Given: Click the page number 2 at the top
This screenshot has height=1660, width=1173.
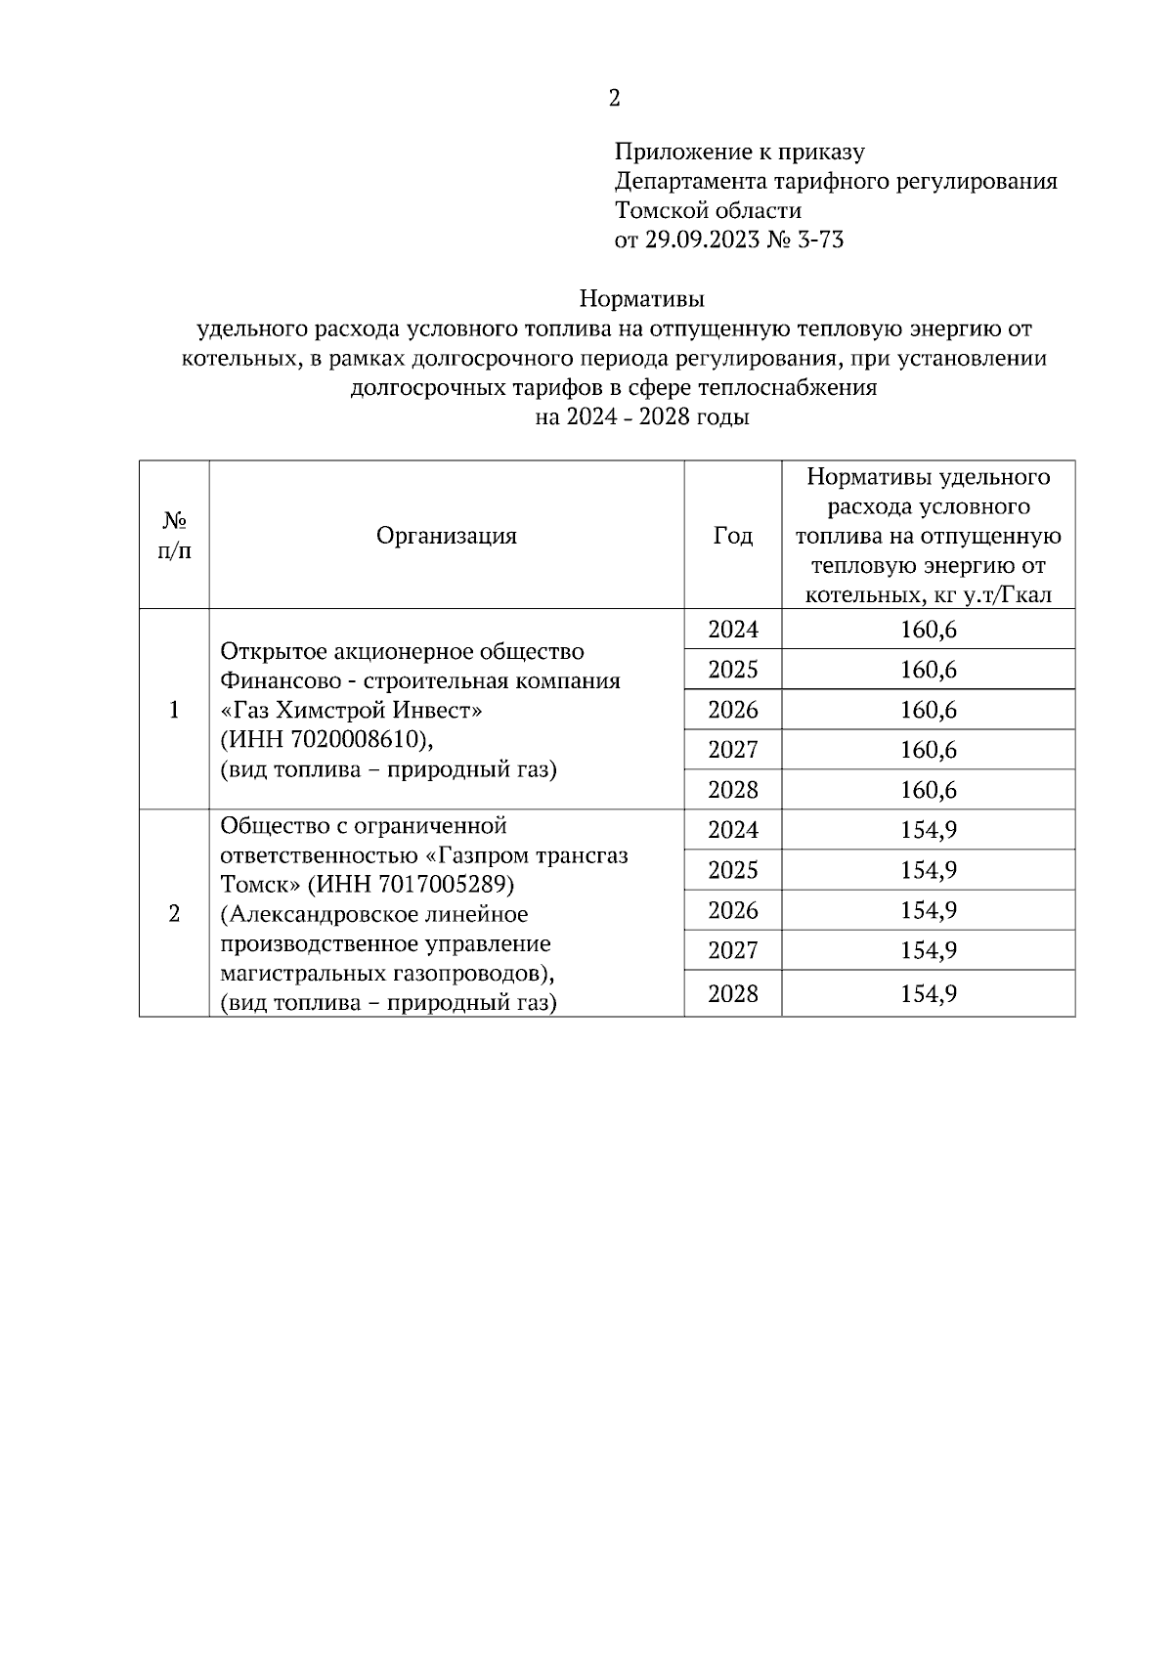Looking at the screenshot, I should tap(614, 99).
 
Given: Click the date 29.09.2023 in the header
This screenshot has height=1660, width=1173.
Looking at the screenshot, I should tap(701, 240).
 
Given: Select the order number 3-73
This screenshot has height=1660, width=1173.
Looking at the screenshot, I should tap(821, 240).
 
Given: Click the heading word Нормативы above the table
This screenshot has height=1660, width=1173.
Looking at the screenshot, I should tap(641, 297).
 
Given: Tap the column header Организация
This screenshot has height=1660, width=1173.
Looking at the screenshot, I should tap(447, 536).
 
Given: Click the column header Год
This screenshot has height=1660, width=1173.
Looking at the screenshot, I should tap(733, 536).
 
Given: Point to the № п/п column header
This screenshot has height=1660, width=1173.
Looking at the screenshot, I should tap(174, 536).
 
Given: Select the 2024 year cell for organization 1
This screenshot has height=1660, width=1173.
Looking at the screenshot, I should tap(733, 630).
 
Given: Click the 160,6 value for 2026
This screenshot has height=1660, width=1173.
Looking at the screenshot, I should tap(928, 710).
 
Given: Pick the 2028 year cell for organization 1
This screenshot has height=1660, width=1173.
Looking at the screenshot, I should tap(733, 790).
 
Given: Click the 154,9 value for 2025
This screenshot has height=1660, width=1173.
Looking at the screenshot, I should tap(928, 870).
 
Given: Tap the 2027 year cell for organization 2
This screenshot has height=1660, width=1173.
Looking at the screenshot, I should tap(733, 950).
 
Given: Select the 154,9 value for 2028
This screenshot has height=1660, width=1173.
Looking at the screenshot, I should tap(928, 994).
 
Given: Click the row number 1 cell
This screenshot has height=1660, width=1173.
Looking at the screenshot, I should tap(174, 710).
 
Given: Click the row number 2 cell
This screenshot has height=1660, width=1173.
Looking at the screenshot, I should tap(174, 914).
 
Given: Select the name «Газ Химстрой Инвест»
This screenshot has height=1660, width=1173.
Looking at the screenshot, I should tap(351, 710).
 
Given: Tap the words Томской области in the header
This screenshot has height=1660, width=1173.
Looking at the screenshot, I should tap(708, 211).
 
